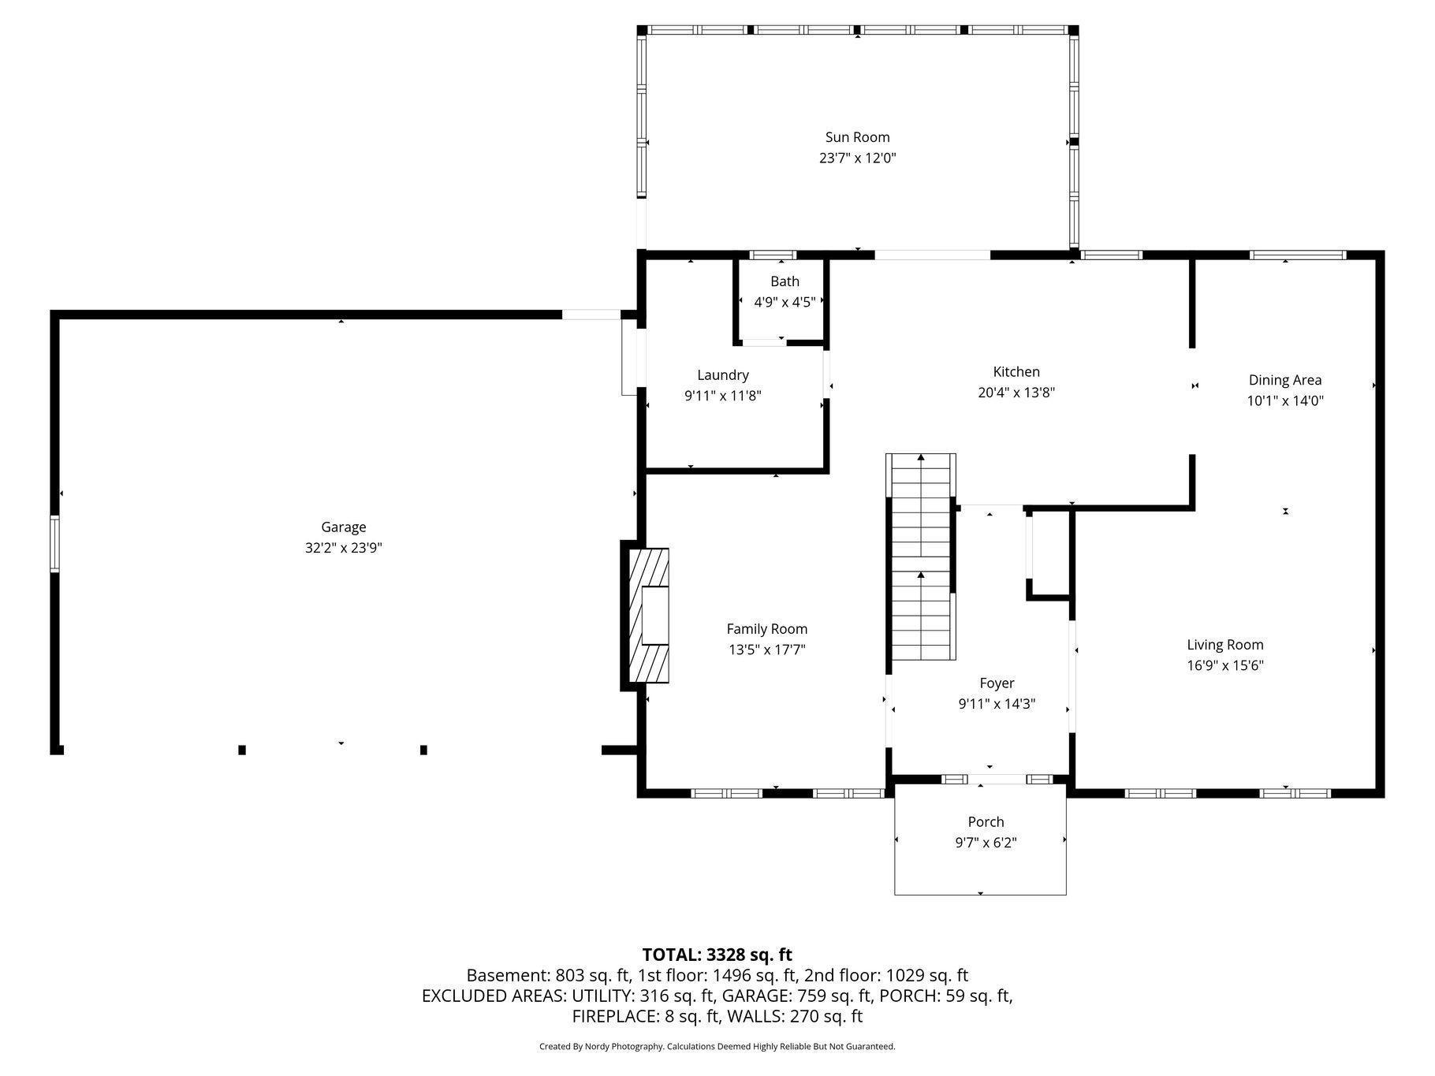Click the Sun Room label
(x=857, y=137)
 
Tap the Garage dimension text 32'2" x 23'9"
(x=343, y=548)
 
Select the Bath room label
(x=785, y=281)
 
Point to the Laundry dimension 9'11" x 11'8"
(x=722, y=396)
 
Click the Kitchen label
(x=1016, y=371)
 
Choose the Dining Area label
(x=1284, y=380)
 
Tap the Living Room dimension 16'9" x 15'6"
(x=1224, y=665)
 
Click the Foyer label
(x=997, y=683)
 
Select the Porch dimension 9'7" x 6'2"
(x=986, y=843)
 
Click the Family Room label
(x=766, y=629)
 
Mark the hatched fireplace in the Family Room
(x=648, y=616)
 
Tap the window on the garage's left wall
(x=54, y=543)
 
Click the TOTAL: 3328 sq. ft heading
(x=717, y=955)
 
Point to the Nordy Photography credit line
(x=717, y=1047)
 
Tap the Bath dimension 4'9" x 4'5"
(x=785, y=302)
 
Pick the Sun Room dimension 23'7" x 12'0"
(x=857, y=158)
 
